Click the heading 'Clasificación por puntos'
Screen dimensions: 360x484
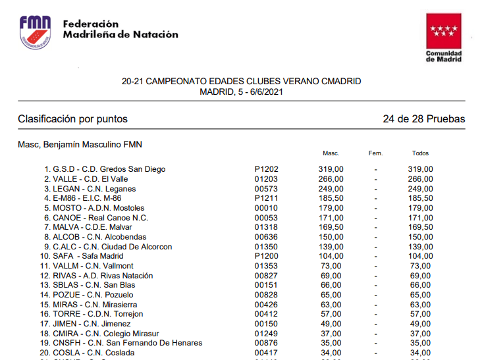point(72,119)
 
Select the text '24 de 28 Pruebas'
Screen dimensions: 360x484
point(423,119)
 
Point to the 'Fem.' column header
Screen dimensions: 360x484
point(375,153)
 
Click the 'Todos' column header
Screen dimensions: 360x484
point(420,153)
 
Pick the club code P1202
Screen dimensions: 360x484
point(266,169)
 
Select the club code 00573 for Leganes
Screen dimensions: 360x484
point(266,189)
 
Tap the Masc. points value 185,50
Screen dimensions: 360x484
point(331,198)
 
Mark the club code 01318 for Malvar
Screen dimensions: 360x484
point(266,227)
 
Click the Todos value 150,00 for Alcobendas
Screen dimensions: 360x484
point(420,237)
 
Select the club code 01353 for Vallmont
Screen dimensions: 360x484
point(266,266)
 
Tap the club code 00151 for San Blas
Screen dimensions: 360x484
point(266,285)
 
